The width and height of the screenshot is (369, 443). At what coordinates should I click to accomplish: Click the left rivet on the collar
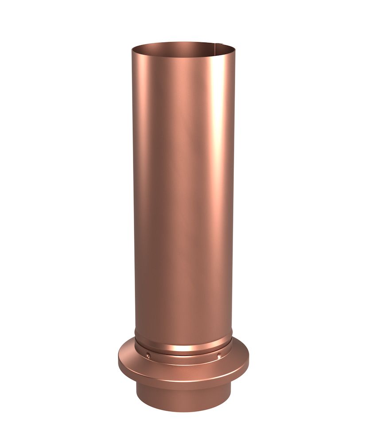click(x=147, y=353)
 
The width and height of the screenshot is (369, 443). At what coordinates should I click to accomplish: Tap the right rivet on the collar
click(x=218, y=354)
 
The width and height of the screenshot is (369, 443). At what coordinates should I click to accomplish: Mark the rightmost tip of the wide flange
click(x=249, y=361)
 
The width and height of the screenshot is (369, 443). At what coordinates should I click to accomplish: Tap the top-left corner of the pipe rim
click(x=132, y=49)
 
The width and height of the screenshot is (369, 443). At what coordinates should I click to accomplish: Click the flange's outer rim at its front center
click(x=183, y=380)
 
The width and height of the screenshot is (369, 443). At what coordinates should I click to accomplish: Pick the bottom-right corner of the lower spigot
click(x=231, y=399)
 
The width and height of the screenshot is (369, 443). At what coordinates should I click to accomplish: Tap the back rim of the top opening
click(x=183, y=43)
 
